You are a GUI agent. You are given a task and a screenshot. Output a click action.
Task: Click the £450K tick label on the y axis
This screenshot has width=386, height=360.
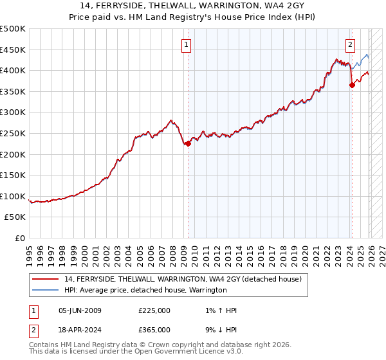(13, 50)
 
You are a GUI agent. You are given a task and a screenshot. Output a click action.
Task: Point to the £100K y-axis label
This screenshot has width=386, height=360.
(13, 196)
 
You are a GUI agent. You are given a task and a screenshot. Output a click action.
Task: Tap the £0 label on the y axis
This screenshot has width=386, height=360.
(20, 239)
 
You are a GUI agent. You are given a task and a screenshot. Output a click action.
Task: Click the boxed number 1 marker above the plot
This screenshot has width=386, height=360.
(186, 45)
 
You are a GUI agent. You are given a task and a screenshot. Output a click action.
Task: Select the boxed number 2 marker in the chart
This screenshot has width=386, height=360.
(351, 45)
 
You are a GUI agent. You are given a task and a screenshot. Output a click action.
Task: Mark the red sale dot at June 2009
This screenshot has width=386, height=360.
(188, 144)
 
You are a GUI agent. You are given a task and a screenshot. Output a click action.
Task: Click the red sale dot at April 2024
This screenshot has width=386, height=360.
(352, 85)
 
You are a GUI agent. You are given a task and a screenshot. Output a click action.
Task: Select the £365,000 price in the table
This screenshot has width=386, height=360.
(154, 329)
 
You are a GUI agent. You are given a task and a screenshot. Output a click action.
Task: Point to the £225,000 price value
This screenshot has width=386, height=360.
(154, 310)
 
